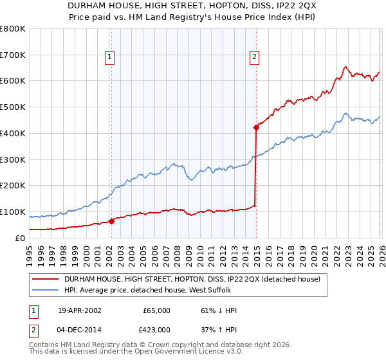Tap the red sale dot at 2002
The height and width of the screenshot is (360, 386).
[111, 221]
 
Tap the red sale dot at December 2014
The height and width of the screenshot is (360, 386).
[256, 127]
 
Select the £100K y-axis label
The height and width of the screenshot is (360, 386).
[13, 212]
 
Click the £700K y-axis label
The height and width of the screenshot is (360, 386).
[13, 55]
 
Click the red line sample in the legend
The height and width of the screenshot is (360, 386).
[45, 278]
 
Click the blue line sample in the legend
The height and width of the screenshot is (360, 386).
[45, 291]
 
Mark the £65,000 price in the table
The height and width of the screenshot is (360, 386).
[156, 310]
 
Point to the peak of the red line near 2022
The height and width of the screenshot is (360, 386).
[345, 66]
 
